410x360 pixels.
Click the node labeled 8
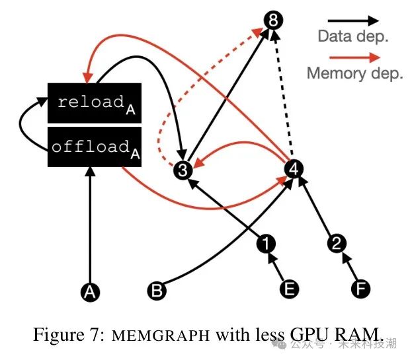click(x=273, y=20)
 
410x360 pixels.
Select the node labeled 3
click(x=183, y=170)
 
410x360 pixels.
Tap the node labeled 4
click(x=294, y=168)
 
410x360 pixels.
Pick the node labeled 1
click(x=266, y=244)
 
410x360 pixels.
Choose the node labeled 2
click(x=337, y=243)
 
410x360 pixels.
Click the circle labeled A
click(x=90, y=292)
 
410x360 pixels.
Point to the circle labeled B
click(x=157, y=291)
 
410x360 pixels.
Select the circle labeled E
click(x=289, y=289)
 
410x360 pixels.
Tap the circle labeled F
click(x=360, y=289)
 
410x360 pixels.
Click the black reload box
click(x=95, y=103)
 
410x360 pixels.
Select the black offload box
click(x=95, y=147)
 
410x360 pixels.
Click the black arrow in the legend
click(x=353, y=20)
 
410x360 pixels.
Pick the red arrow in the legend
click(x=354, y=57)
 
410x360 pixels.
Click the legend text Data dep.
click(x=353, y=36)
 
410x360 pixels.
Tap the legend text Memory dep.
click(x=355, y=73)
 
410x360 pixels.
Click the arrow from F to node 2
click(x=349, y=267)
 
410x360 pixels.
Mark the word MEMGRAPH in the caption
click(x=161, y=336)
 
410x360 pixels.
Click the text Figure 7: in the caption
click(x=69, y=334)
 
